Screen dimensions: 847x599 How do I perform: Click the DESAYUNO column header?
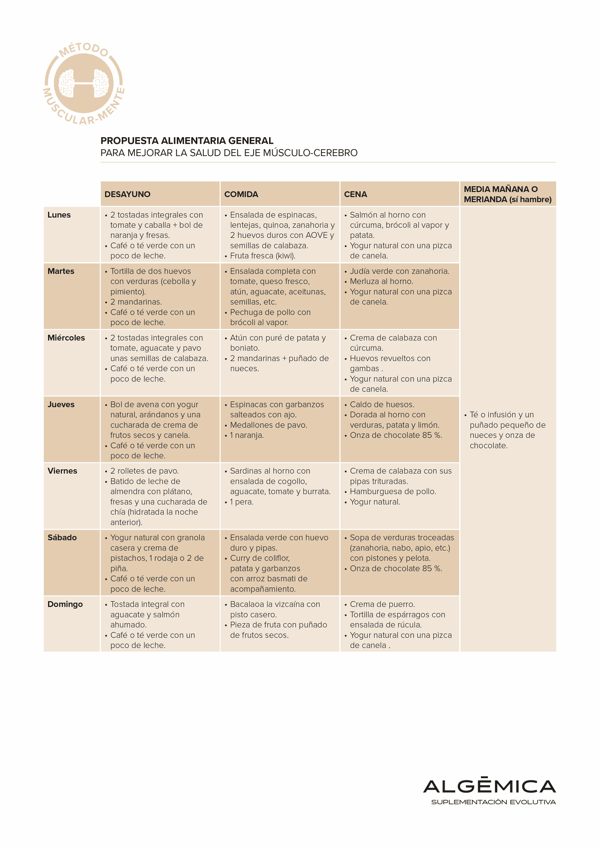click(x=127, y=194)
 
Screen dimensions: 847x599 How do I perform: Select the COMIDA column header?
click(x=241, y=194)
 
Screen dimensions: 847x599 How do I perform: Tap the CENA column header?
click(x=356, y=194)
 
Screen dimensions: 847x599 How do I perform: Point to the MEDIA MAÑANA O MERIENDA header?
click(x=507, y=194)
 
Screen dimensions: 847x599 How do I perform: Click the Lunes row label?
click(x=59, y=215)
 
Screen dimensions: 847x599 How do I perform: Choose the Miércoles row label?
click(x=66, y=338)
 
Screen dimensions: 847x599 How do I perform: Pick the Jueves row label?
click(x=61, y=405)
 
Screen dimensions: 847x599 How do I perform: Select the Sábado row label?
click(x=62, y=537)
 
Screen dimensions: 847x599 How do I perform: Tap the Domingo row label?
click(x=65, y=604)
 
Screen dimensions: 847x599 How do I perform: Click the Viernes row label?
click(x=62, y=471)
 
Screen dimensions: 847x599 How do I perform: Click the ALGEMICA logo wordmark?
click(x=489, y=786)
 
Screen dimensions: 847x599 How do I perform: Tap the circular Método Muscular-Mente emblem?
click(x=84, y=84)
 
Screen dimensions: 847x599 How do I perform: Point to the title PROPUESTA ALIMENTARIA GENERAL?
click(x=187, y=141)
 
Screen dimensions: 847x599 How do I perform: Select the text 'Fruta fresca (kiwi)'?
click(x=262, y=256)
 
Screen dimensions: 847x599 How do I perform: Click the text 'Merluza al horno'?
click(x=381, y=281)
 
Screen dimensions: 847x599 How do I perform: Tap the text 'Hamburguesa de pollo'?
click(x=393, y=491)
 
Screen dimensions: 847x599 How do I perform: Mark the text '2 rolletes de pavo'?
click(x=144, y=471)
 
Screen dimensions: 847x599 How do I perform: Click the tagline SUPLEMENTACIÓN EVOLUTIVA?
click(x=493, y=802)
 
